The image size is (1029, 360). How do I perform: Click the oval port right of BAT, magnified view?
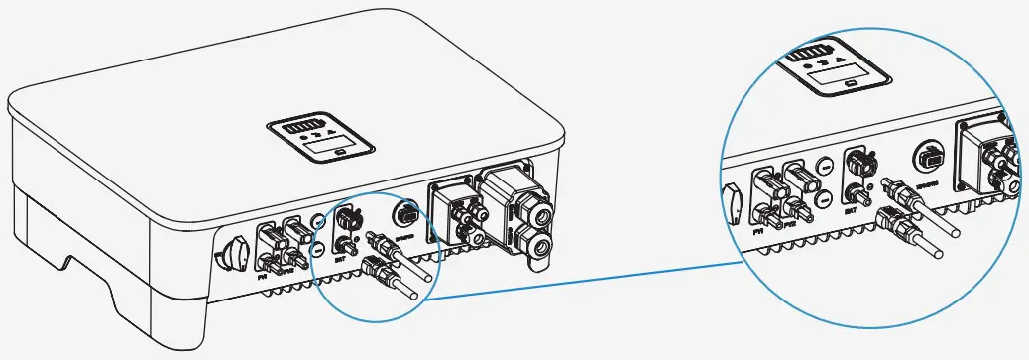click(929, 158)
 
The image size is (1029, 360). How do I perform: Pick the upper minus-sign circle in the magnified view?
click(826, 168)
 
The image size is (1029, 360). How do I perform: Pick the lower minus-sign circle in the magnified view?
click(826, 199)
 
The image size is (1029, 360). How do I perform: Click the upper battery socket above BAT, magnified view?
click(856, 160)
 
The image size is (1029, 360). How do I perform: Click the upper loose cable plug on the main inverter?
click(381, 241)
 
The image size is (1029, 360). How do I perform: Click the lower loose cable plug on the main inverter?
click(378, 267)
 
